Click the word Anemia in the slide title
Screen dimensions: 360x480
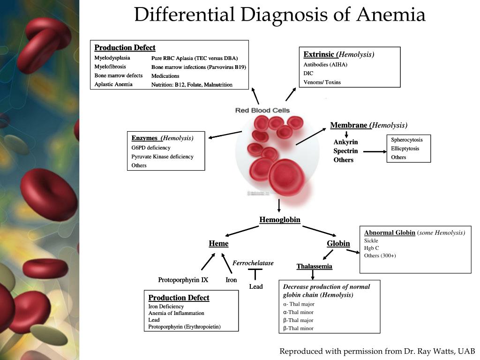[390, 15]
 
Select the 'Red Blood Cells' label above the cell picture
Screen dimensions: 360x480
[262, 111]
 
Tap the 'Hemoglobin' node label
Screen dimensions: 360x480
[280, 220]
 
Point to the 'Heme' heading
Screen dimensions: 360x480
[218, 244]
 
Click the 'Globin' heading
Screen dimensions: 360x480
[338, 244]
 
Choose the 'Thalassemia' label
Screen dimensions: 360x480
[314, 267]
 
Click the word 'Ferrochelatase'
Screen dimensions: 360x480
[253, 263]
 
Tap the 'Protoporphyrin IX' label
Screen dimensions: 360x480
[183, 280]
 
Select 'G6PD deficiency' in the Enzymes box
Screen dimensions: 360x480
[151, 148]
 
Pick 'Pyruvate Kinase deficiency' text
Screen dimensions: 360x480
[162, 157]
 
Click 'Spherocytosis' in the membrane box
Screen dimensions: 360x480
[407, 140]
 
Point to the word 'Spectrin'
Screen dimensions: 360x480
[345, 151]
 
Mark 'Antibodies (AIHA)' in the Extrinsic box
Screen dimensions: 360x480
[325, 65]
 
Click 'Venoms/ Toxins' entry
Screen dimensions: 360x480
[322, 82]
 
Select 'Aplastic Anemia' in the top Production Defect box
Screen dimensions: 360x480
[113, 84]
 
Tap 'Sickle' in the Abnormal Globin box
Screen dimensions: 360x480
[371, 240]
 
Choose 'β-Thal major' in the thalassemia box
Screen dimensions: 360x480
[298, 320]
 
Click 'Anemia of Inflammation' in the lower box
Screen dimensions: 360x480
[176, 313]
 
